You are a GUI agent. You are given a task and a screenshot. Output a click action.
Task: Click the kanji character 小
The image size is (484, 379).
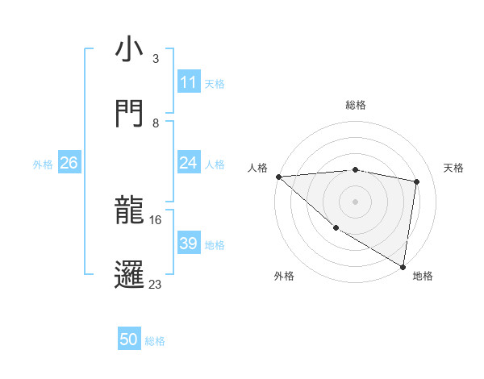[x=128, y=49]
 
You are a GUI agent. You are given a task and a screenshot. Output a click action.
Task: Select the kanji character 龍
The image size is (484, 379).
[x=128, y=210]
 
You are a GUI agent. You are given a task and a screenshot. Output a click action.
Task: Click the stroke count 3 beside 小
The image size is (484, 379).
[x=155, y=59]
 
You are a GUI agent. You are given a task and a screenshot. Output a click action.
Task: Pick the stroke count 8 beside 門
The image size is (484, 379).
[x=155, y=123]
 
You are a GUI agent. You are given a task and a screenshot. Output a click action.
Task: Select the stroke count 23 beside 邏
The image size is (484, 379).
[x=155, y=285]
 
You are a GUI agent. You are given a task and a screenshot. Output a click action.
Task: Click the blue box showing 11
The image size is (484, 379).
[x=188, y=82]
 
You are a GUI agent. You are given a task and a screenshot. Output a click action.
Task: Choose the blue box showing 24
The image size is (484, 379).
[x=188, y=163]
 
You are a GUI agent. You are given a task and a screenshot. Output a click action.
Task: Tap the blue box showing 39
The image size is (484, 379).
[x=188, y=244]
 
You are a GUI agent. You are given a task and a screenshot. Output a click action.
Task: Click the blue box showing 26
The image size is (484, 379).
[x=69, y=163]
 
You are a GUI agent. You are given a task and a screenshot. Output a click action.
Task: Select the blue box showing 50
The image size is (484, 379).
[x=129, y=340]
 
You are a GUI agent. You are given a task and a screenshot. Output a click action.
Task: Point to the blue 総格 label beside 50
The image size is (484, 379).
[x=156, y=341]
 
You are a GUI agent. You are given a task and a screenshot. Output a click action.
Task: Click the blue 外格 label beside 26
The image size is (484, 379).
[x=43, y=164]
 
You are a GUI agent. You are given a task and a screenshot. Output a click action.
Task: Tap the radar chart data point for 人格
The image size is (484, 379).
[x=278, y=177]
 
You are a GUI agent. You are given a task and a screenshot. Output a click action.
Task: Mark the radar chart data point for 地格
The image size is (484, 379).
[x=403, y=266]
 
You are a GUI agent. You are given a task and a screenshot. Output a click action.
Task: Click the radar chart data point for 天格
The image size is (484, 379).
[x=417, y=181]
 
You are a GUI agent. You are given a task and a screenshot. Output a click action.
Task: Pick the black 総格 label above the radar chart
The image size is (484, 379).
[x=356, y=105]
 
